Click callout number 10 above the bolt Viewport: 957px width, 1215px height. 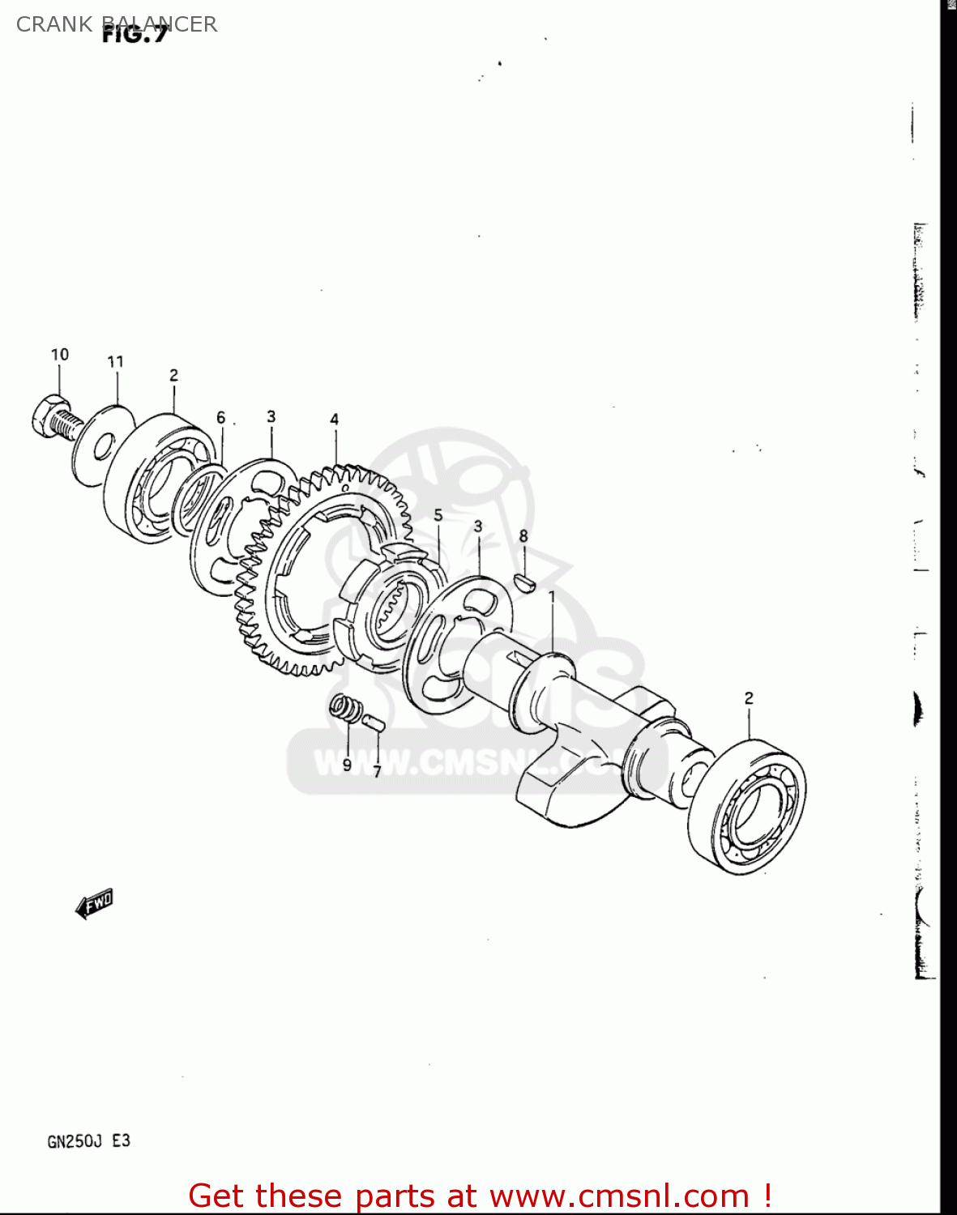pos(60,355)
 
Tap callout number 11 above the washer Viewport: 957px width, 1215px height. pos(115,362)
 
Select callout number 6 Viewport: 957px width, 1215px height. pos(220,418)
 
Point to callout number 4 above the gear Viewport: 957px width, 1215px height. pos(334,420)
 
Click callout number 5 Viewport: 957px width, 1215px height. pos(438,515)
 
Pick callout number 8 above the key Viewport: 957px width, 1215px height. pos(523,536)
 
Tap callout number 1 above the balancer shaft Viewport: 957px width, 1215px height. pos(552,597)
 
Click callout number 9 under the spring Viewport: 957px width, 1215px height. pos(347,765)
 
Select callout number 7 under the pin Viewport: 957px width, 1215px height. pos(377,772)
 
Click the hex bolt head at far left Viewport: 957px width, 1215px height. pos(50,416)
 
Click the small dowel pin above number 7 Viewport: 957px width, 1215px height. pos(373,722)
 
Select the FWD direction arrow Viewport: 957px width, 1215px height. pos(95,903)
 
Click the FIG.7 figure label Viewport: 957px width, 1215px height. pos(135,35)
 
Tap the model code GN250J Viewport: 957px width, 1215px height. pos(75,1142)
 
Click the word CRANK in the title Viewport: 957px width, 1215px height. pos(54,24)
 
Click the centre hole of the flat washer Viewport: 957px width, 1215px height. pos(103,446)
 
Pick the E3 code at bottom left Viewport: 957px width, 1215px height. pos(121,1141)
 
